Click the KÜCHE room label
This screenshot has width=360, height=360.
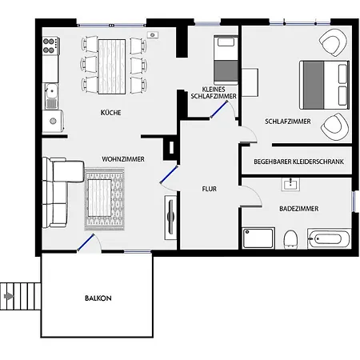click(x=110, y=113)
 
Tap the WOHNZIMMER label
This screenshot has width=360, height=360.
click(x=123, y=159)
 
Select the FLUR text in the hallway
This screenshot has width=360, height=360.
click(x=210, y=189)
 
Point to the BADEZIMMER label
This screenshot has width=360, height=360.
click(x=299, y=209)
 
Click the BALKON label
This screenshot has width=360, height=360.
click(x=98, y=298)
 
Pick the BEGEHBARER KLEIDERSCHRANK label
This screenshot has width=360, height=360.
click(x=298, y=162)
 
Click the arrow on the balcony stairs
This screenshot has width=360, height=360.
click(x=9, y=296)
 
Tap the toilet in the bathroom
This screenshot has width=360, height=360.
click(x=290, y=239)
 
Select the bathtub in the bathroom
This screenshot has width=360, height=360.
click(x=329, y=238)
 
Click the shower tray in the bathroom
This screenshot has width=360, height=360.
click(x=258, y=238)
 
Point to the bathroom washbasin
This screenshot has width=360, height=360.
click(x=290, y=184)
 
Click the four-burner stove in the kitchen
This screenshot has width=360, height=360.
click(x=50, y=46)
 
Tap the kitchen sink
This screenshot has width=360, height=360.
click(x=50, y=96)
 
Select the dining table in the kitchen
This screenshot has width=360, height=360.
click(x=112, y=66)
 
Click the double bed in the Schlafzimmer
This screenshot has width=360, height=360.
click(x=324, y=85)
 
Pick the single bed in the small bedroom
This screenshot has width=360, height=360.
click(x=226, y=60)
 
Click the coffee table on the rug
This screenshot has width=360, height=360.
click(x=99, y=198)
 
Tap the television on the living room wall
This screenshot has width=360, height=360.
click(x=170, y=218)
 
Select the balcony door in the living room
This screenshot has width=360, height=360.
click(x=86, y=242)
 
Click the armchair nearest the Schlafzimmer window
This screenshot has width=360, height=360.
click(x=333, y=42)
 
